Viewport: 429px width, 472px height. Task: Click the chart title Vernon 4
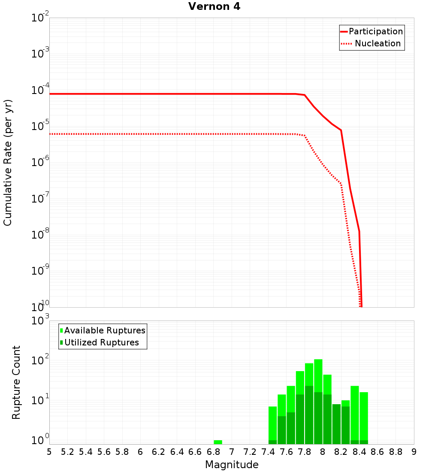(x=214, y=7)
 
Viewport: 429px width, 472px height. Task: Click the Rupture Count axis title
(x=16, y=382)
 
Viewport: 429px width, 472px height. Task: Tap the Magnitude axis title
(x=232, y=465)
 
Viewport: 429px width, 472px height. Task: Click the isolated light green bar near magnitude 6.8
(x=218, y=442)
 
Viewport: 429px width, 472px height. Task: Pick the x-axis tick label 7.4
(x=268, y=452)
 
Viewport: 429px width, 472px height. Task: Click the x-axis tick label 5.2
(x=67, y=452)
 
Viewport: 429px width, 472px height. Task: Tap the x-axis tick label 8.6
(x=378, y=452)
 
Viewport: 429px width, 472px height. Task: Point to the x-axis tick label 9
(x=414, y=452)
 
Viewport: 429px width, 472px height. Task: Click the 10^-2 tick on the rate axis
(x=40, y=18)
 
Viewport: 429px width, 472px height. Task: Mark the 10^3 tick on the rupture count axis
(x=40, y=321)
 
